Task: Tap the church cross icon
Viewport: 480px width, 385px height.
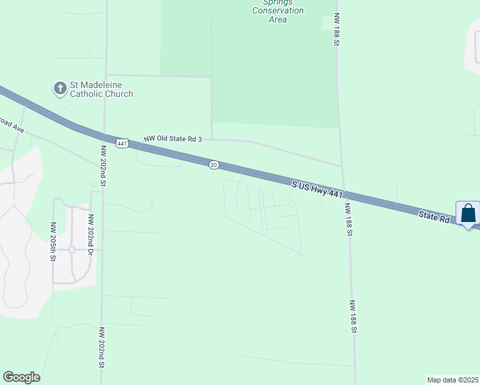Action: pos(60,89)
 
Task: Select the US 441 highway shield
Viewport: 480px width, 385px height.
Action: pos(122,142)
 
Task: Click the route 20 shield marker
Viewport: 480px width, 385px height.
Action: pos(214,165)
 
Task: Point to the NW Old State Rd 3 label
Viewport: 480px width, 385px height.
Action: pos(173,139)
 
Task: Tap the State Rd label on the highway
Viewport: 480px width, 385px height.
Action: pos(436,216)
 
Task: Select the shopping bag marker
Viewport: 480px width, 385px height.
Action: pos(468,214)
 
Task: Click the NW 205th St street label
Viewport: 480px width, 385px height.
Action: pos(53,242)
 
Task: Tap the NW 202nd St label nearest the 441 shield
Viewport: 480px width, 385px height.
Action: pos(103,165)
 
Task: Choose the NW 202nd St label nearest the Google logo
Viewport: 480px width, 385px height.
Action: pos(101,346)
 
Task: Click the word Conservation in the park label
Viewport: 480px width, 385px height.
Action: pos(278,11)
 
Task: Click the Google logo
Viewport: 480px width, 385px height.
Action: pos(22,377)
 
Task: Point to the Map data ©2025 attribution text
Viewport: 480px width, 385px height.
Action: pos(453,380)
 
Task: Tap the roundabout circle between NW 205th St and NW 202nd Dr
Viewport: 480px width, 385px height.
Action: pos(72,249)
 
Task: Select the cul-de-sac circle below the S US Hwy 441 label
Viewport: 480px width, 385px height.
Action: pos(293,204)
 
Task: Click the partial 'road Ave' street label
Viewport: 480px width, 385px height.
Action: pos(12,124)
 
